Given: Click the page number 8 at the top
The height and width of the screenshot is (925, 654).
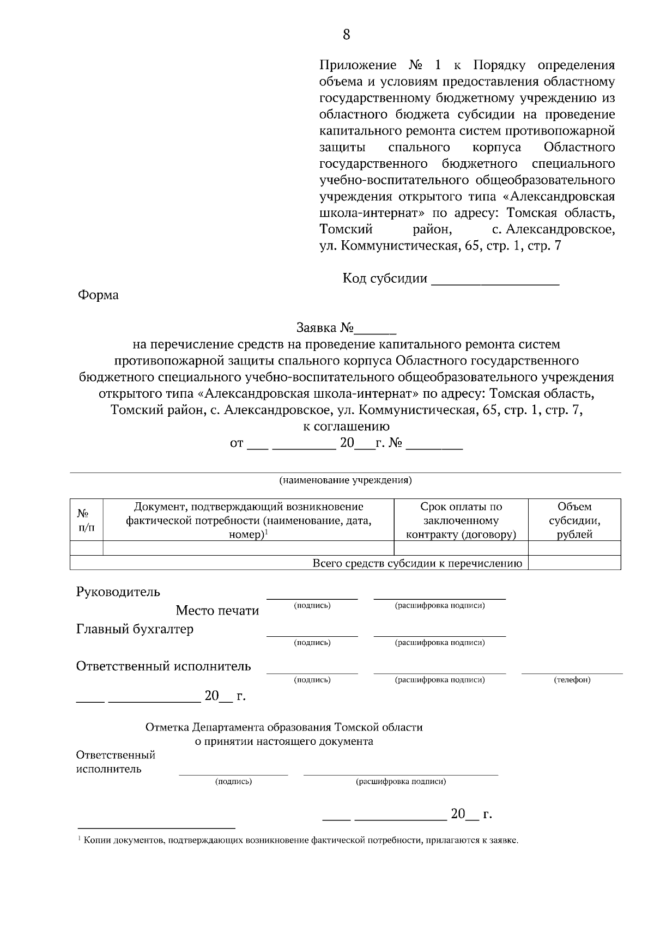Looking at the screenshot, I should (346, 35).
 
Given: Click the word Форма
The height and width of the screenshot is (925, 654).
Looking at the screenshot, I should (98, 295).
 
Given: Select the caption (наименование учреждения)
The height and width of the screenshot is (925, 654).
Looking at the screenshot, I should (346, 480).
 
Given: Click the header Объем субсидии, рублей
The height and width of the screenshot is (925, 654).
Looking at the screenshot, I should (574, 520).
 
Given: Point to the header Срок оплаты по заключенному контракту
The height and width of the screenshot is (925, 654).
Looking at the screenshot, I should (461, 520).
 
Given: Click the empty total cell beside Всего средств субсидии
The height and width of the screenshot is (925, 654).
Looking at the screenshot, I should (574, 563).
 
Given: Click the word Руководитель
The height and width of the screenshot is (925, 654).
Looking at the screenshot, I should (118, 592).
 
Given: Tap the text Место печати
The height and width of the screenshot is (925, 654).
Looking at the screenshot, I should (217, 611).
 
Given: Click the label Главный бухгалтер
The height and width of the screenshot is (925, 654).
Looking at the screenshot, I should (135, 629).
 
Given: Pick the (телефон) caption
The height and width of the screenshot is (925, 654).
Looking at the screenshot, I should (572, 680).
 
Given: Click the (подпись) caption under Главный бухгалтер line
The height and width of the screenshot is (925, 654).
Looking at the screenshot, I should (312, 643).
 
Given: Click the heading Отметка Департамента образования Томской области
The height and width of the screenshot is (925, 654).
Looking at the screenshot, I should (284, 727).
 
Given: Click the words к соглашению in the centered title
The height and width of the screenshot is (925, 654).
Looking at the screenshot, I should (346, 426).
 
